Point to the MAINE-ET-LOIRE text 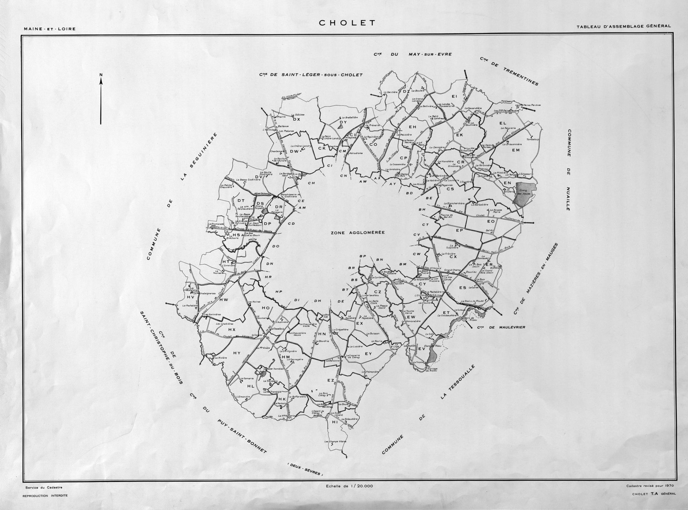tap(50, 29)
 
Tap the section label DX tap(297, 120)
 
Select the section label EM tap(516, 150)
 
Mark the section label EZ tap(331, 380)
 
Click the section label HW tap(224, 300)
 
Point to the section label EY tap(368, 354)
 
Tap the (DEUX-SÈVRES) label tap(305, 469)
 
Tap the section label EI tap(454, 97)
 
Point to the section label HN tap(322, 334)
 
